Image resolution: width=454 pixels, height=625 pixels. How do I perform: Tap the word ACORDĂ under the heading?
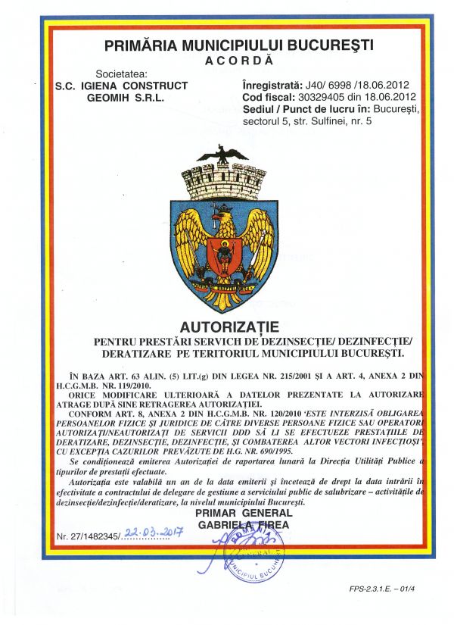click(x=239, y=59)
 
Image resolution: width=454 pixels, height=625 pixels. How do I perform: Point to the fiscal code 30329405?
click(x=322, y=97)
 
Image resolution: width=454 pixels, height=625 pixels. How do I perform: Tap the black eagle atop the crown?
click(x=222, y=155)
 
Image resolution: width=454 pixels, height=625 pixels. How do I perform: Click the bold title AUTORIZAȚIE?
click(x=229, y=327)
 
